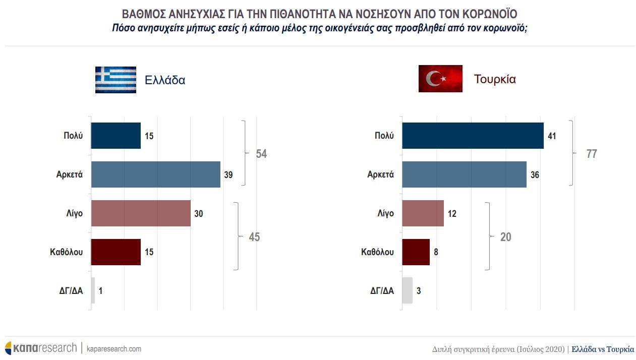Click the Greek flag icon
pos(115,80)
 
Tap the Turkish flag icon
pos(440,79)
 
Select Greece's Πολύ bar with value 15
pos(115,136)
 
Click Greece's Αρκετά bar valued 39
pos(155,174)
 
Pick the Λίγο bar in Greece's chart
pos(141,213)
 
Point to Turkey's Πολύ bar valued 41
pos(473,136)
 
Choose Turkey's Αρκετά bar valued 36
pos(464,174)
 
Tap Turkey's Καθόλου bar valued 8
pos(416,252)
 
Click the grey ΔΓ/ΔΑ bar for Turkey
pos(407,290)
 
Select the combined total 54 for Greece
pos(261,154)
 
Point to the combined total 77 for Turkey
pos(592,154)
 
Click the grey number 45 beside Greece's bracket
pos(254,237)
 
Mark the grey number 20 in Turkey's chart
pos(505,237)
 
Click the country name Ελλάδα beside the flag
pos(165,80)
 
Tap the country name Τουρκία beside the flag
pos(495,79)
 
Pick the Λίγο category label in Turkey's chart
pos(385,213)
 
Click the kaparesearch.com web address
pos(114,349)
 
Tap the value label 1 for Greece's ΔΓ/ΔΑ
pos(100,291)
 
